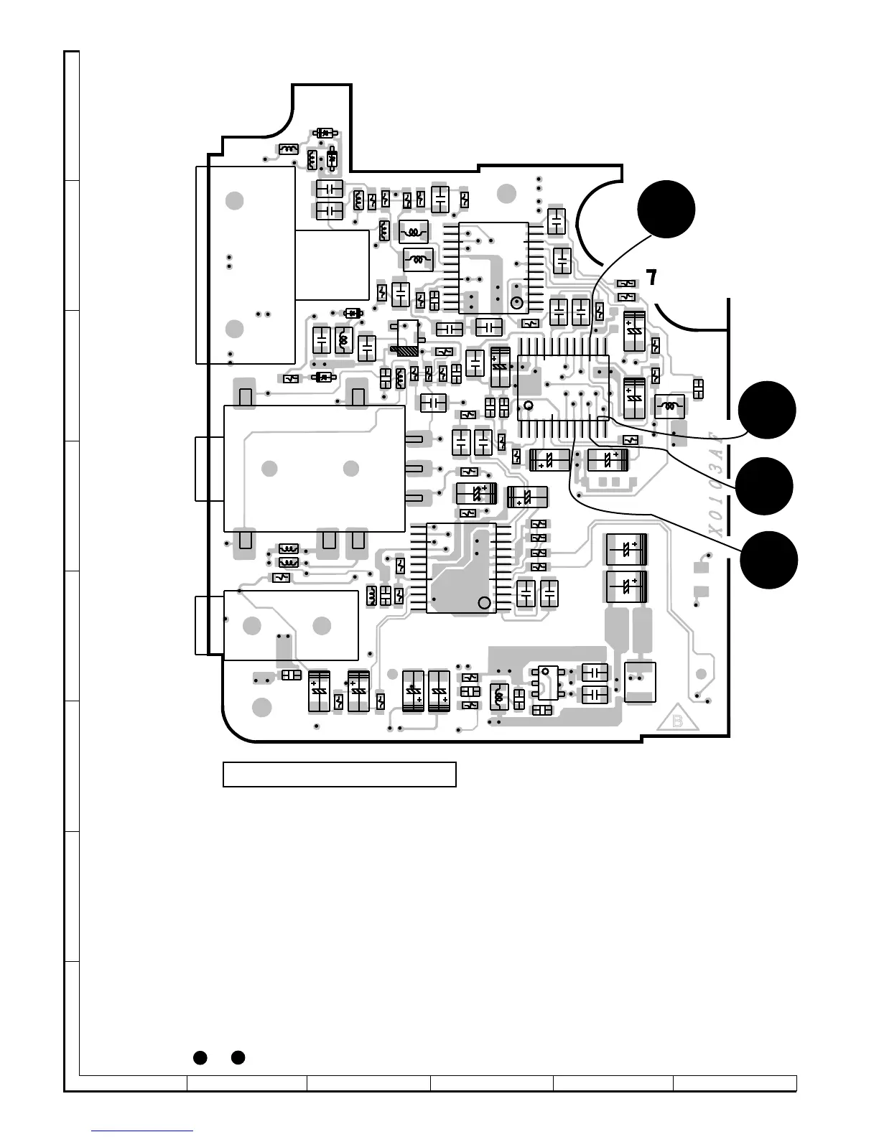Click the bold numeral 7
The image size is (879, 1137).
pos(651,278)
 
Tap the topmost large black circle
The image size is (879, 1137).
pos(666,209)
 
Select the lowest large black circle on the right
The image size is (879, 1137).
pos(769,560)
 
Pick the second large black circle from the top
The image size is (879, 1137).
pos(768,410)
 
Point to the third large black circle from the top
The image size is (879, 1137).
pos(765,486)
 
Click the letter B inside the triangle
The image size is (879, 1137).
pos(677,721)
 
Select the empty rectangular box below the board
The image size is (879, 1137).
pos(340,775)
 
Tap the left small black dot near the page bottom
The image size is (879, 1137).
pos(200,1057)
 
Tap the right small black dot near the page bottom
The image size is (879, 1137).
pos(238,1057)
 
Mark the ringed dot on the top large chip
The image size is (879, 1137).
pos(516,302)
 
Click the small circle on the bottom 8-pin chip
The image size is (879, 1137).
pos(544,671)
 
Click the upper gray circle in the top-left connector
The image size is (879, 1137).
pos(234,201)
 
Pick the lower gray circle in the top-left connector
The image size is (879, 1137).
pos(234,329)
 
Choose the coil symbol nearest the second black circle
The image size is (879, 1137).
pos(671,406)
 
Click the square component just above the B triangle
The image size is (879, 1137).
pos(640,682)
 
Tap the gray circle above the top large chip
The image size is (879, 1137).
pos(506,192)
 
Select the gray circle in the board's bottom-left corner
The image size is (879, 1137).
pos(263,707)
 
